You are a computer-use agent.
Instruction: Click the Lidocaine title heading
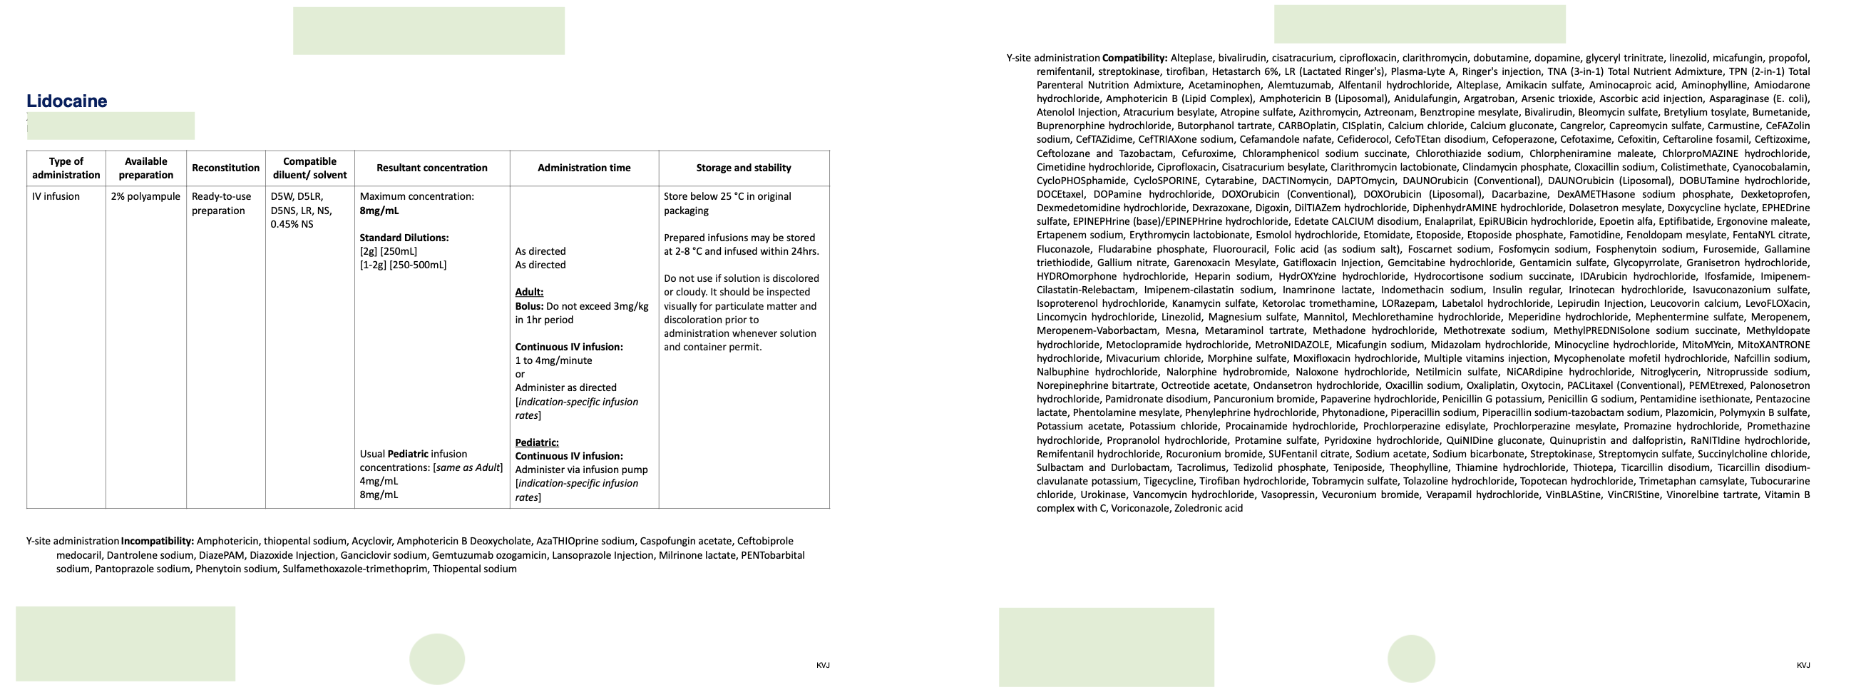tap(66, 101)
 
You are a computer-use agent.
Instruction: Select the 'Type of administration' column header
tap(66, 168)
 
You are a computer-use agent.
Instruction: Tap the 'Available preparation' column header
tap(145, 168)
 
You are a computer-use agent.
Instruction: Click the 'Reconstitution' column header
tap(225, 168)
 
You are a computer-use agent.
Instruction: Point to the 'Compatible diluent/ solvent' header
tap(310, 168)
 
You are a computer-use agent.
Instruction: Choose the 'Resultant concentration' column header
tap(431, 168)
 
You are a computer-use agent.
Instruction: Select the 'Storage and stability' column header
tap(744, 168)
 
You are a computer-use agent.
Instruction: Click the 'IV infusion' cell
tap(56, 196)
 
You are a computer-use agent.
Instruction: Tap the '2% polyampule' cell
tap(145, 196)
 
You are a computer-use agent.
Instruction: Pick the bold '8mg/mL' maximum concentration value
tap(379, 210)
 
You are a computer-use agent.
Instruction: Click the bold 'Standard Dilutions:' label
tap(404, 238)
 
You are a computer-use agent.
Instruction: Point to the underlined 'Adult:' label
tap(529, 292)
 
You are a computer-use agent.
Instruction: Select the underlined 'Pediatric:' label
tap(537, 442)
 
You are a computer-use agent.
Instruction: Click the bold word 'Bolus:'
tap(529, 306)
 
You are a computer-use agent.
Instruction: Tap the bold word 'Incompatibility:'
tap(157, 542)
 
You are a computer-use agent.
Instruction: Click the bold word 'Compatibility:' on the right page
tap(1134, 58)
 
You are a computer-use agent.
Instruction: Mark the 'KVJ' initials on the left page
tap(823, 666)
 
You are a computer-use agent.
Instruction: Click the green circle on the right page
tap(1411, 658)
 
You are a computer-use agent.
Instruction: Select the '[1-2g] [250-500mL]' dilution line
tap(403, 265)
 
